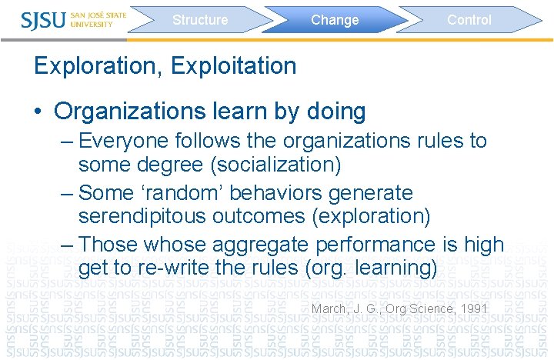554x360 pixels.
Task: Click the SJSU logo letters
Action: pos(44,19)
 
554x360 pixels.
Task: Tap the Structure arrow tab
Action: pos(200,20)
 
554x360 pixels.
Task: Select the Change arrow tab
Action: pos(335,20)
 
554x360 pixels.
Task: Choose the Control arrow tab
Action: pos(469,20)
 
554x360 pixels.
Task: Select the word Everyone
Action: pos(126,141)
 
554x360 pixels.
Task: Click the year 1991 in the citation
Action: pos(473,309)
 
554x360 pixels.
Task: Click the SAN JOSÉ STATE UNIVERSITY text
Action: pos(98,19)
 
